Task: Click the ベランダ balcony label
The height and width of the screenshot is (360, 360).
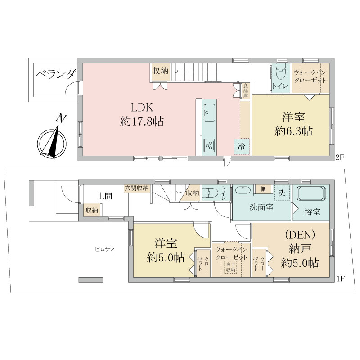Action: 56,75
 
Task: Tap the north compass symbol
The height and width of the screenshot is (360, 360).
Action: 52,140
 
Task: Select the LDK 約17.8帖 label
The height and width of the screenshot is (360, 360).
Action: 142,115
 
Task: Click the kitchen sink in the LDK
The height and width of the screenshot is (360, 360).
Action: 209,113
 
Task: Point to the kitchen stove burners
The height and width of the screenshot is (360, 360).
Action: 209,145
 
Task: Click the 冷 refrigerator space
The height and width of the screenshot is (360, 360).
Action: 242,147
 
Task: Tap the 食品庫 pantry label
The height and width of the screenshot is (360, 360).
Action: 246,90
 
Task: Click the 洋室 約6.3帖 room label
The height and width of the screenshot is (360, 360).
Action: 293,124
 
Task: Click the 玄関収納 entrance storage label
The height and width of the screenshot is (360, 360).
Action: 137,188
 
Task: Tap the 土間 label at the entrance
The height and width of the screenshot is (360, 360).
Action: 105,196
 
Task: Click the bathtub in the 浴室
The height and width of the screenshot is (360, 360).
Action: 311,193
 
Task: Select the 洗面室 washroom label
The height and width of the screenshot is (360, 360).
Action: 261,207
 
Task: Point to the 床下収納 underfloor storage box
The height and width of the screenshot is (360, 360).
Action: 230,267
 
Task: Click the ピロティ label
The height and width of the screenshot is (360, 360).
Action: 105,249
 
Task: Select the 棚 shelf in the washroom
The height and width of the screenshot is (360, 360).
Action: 263,189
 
